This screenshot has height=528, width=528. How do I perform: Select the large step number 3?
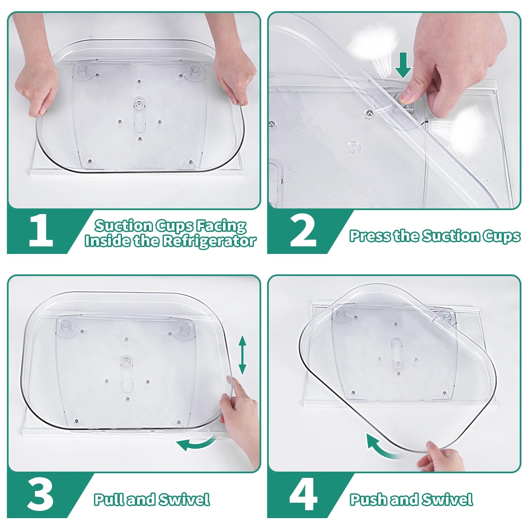41,495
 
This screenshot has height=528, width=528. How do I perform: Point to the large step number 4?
303,495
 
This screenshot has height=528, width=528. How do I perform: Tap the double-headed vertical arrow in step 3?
242,355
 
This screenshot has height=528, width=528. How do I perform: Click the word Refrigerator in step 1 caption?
209,241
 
